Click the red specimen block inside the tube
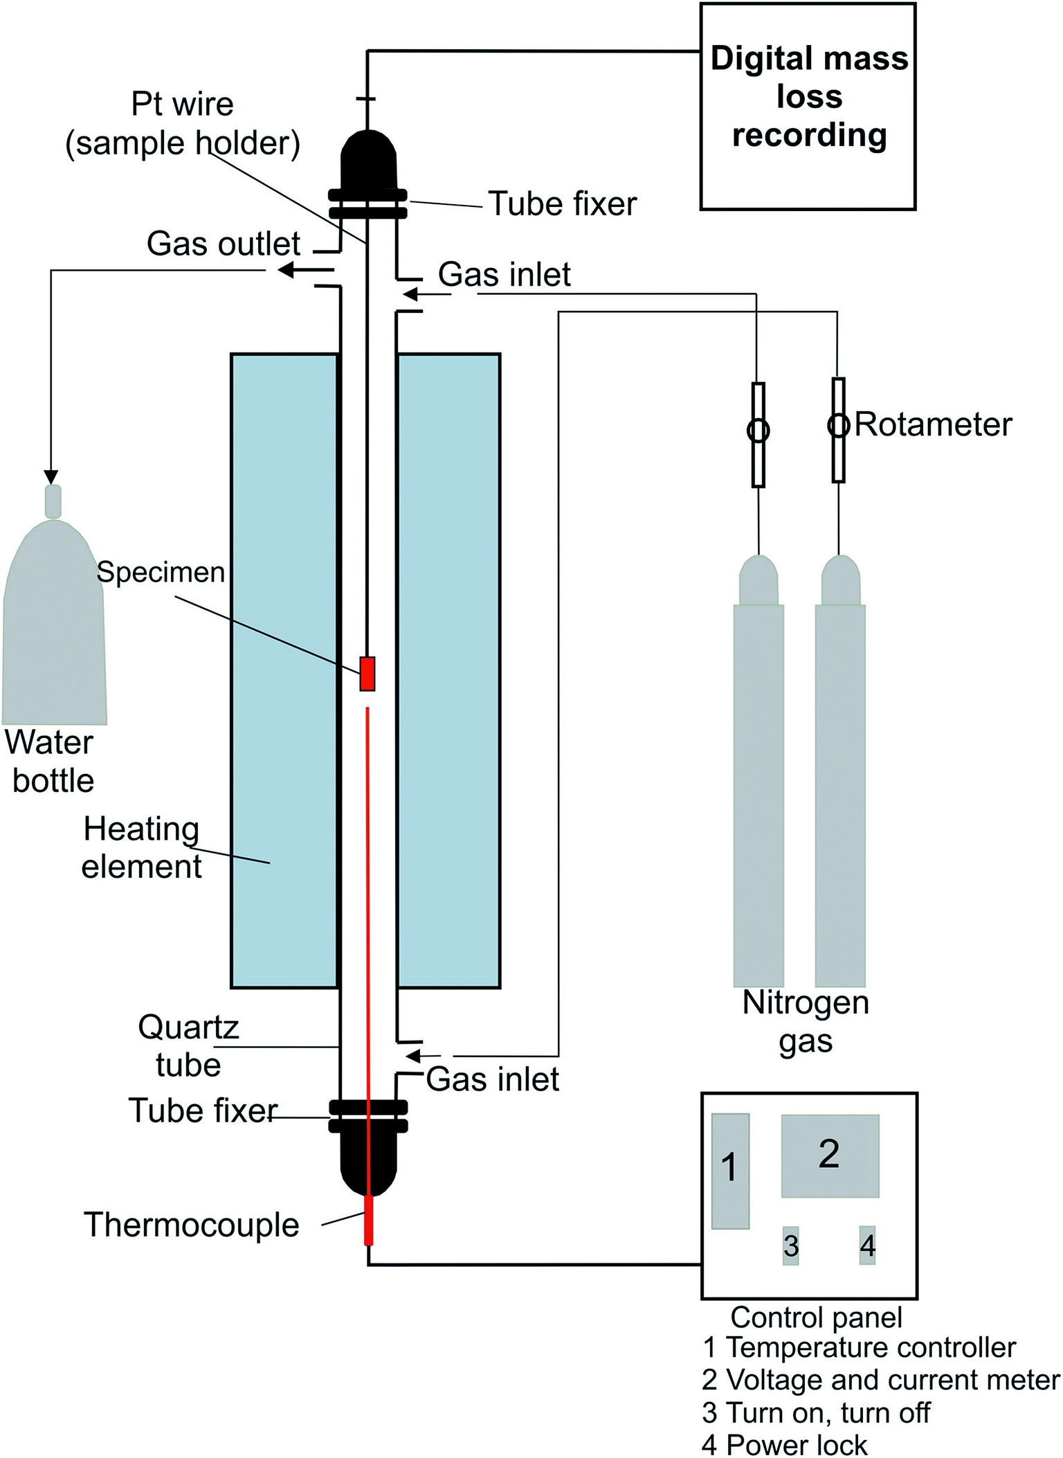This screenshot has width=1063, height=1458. click(x=367, y=674)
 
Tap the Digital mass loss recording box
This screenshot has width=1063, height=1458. click(x=808, y=106)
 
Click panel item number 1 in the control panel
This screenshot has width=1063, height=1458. click(x=730, y=1171)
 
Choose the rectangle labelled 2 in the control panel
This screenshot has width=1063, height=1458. click(x=830, y=1155)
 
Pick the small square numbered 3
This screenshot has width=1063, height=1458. click(x=791, y=1245)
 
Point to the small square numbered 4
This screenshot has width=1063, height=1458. click(x=867, y=1245)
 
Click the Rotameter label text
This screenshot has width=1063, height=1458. click(x=933, y=424)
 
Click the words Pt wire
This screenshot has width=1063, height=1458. click(x=183, y=104)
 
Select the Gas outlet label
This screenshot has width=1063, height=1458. click(x=224, y=244)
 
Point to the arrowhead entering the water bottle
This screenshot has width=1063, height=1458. click(x=51, y=477)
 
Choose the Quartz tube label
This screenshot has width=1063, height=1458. click(x=188, y=1045)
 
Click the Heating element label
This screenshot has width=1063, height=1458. click(x=141, y=847)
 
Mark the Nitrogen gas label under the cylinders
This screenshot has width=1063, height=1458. click(x=806, y=1022)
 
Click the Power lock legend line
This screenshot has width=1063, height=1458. click(x=784, y=1445)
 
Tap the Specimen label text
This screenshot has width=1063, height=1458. click(x=161, y=573)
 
